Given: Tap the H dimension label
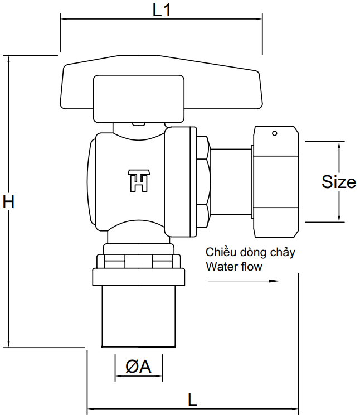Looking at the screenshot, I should click(8, 201).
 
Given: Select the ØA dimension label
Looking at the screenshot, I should click(138, 367).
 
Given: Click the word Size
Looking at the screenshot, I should click(339, 181).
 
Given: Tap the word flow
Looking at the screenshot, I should click(251, 266).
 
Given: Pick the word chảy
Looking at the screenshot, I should click(283, 253).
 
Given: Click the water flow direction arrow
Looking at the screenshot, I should click(242, 281).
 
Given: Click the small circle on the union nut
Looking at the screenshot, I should click(274, 133).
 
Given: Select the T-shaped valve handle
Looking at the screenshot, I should click(161, 89).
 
